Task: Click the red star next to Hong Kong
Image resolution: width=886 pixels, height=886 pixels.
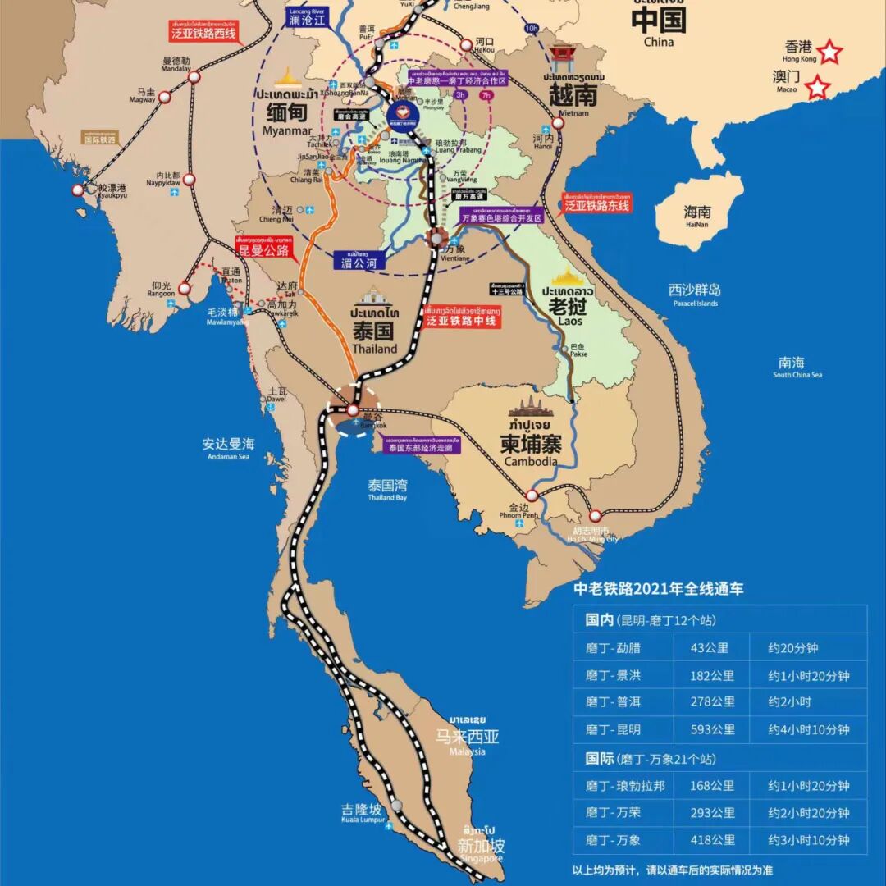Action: click(x=830, y=53)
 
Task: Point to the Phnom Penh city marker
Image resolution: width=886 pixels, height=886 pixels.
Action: click(x=532, y=495)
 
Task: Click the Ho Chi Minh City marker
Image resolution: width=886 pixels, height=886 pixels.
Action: click(x=596, y=516)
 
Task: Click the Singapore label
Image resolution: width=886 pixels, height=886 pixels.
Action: click(x=481, y=848)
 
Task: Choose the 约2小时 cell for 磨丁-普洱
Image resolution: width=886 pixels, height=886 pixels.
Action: click(x=789, y=702)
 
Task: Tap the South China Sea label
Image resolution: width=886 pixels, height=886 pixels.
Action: click(x=797, y=367)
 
